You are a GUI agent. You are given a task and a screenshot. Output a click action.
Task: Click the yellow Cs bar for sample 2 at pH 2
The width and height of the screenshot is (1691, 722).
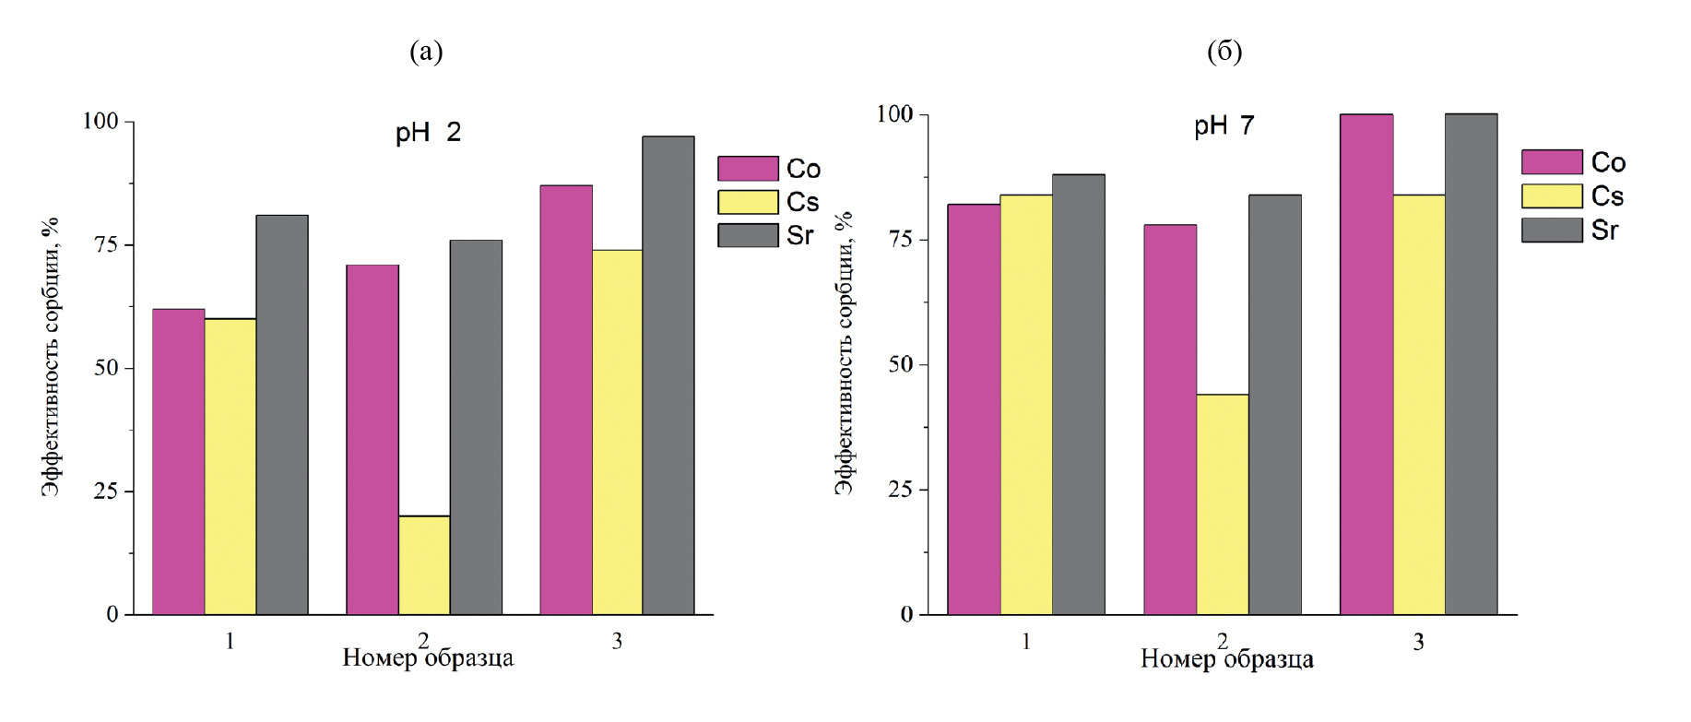tap(424, 565)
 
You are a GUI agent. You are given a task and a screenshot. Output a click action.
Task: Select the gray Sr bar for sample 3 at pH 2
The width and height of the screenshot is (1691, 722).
tap(668, 375)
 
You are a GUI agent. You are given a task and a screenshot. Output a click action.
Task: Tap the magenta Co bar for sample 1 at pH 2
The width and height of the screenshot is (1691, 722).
tap(178, 461)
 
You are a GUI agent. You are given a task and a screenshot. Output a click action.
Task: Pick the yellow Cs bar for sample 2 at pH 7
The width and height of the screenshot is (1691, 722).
tap(1223, 504)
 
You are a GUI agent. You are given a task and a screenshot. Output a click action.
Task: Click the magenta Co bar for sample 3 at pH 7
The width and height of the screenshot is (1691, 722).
tap(1366, 364)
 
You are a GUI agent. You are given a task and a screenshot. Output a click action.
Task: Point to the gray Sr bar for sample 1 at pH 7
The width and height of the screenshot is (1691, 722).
tap(1079, 395)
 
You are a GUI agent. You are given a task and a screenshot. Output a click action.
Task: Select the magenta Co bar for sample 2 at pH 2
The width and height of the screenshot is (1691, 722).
tap(372, 440)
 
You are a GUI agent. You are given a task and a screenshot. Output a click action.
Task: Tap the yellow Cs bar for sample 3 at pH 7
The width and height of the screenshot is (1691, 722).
tap(1419, 404)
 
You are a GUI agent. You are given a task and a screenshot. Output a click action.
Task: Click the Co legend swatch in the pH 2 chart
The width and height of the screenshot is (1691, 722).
tap(748, 169)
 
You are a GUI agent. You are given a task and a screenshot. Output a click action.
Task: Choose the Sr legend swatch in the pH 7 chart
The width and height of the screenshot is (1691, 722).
tap(1552, 230)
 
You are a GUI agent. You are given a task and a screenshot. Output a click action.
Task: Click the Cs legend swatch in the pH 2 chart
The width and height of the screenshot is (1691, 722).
tap(748, 202)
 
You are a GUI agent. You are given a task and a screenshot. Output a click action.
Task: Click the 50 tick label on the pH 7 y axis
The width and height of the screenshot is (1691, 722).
tap(901, 364)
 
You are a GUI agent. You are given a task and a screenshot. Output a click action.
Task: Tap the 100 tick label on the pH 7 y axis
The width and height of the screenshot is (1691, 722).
tap(894, 114)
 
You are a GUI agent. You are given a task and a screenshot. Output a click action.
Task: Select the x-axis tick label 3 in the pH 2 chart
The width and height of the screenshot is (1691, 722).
tap(617, 641)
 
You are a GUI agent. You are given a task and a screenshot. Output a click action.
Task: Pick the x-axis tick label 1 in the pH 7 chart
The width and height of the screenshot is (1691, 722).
tap(1026, 641)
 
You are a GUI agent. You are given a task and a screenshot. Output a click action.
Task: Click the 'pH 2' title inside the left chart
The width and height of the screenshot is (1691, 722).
tap(428, 133)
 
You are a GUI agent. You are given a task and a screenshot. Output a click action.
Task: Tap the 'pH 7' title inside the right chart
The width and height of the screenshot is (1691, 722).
tap(1224, 125)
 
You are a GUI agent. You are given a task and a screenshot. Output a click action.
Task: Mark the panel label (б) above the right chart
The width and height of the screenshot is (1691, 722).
tap(1224, 52)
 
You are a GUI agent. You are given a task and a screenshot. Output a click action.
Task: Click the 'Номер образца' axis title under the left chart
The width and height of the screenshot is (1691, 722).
tap(428, 658)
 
